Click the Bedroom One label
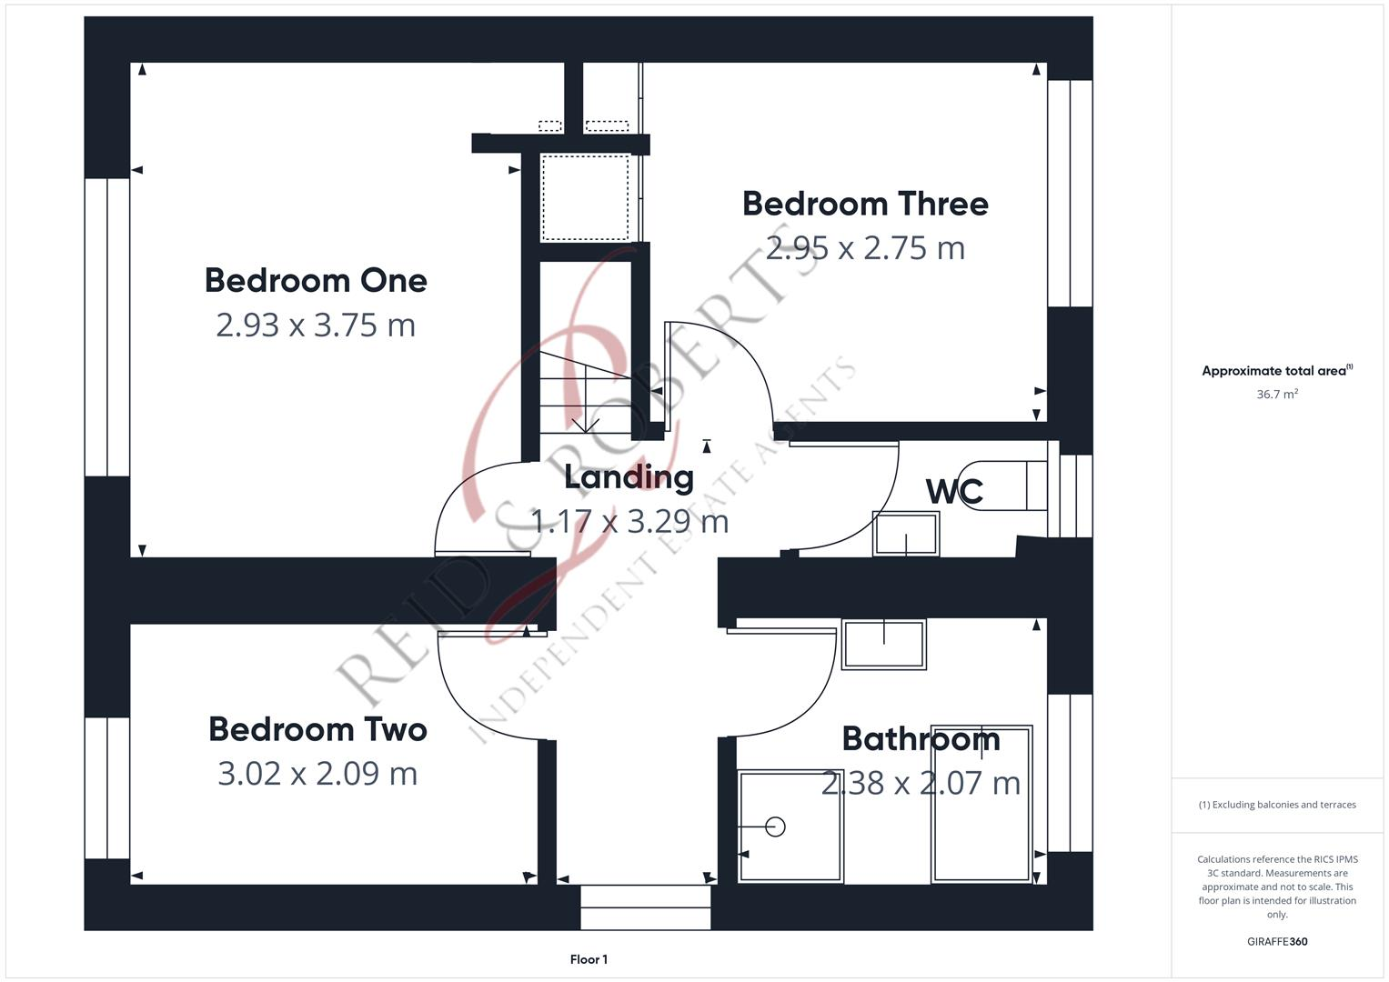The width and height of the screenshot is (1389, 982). (x=316, y=281)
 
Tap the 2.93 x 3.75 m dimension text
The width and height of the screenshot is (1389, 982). (x=316, y=325)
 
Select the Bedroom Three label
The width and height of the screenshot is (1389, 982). (x=865, y=204)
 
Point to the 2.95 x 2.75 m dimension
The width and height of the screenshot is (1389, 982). (x=865, y=248)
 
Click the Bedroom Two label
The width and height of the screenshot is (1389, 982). (x=317, y=729)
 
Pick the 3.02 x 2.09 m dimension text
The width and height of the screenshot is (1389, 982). (x=317, y=774)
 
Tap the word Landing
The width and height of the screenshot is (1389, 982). (x=629, y=477)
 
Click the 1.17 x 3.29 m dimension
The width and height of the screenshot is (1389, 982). (x=629, y=522)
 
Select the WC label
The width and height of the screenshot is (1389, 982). (x=954, y=492)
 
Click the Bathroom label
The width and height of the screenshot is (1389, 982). (x=921, y=739)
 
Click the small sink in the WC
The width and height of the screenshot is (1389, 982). (x=905, y=534)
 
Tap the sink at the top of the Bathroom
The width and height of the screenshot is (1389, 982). (x=883, y=644)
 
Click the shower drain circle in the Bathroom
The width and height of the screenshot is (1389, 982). (x=775, y=827)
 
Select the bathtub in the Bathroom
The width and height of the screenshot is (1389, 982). (x=981, y=804)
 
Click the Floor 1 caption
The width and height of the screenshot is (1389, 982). (x=589, y=959)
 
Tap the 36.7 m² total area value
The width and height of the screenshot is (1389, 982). (x=1277, y=395)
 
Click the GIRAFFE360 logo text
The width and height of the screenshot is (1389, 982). (x=1277, y=942)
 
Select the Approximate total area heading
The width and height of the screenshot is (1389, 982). (x=1277, y=371)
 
